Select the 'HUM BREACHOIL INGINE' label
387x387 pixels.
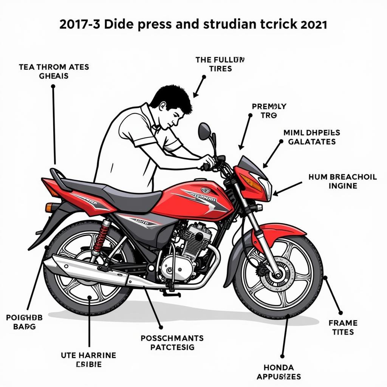point(342,181)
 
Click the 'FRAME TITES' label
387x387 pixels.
point(343,327)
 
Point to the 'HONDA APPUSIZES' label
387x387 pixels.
point(279,372)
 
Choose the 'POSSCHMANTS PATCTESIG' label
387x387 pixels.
point(172,342)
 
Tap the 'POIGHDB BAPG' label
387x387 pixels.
point(24,322)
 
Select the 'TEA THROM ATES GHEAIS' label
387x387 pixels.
point(54,71)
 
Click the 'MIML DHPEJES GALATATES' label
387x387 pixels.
point(311,137)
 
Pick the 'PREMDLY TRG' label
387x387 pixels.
point(269,111)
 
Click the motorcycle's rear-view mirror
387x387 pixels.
point(204,131)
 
